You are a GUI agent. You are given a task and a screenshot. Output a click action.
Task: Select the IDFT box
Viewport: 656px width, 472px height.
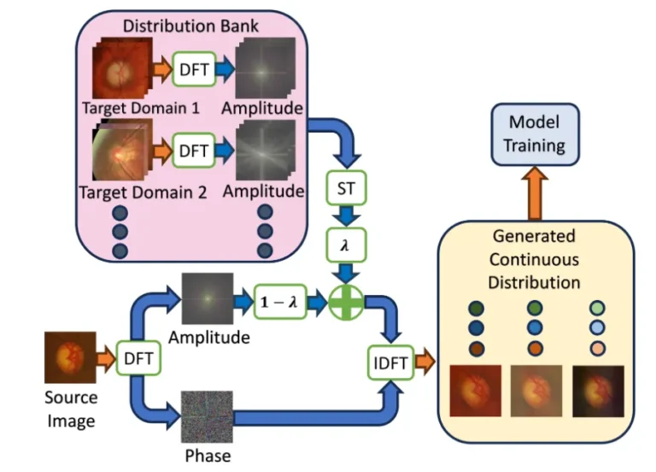click(389, 363)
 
